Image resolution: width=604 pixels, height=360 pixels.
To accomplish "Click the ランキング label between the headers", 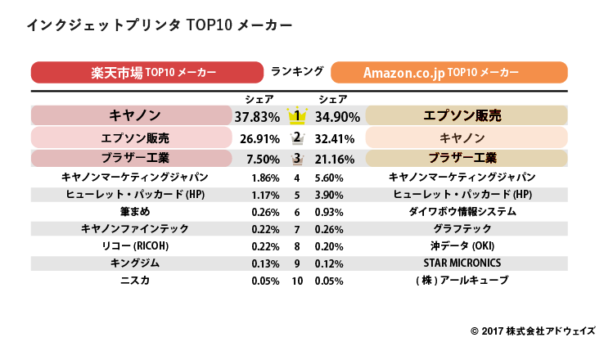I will (297, 71).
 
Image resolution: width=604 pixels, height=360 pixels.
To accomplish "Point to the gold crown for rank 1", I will (298, 115).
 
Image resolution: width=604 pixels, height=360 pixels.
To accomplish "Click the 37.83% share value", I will (253, 116).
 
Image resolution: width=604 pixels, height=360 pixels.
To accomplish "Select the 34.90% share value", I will (340, 116).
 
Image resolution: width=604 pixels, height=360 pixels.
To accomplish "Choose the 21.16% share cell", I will (339, 158).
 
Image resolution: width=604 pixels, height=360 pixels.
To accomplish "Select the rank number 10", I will (297, 281).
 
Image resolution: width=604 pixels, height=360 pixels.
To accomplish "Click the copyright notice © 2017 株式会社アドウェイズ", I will (533, 331).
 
